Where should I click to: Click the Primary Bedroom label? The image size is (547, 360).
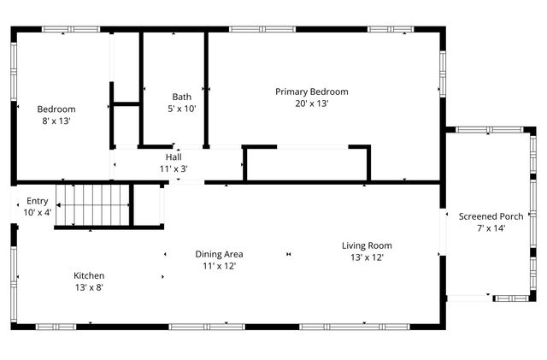click(311, 91)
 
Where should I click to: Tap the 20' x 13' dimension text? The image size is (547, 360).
click(311, 103)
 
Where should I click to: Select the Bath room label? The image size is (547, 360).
click(182, 97)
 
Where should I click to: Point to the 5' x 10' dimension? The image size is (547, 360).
click(182, 109)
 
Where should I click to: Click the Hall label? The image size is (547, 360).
click(174, 157)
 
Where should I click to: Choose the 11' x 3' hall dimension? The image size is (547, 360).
click(174, 168)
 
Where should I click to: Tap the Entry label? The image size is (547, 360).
click(38, 201)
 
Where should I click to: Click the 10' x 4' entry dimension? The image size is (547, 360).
click(38, 212)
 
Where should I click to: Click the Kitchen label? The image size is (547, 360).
click(89, 275)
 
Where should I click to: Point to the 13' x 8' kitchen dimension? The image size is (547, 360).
click(89, 287)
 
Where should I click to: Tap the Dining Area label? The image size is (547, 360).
click(220, 254)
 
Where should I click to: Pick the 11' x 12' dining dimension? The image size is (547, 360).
click(220, 266)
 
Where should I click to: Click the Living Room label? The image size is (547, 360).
click(368, 245)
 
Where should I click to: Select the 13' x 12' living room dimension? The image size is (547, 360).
click(368, 257)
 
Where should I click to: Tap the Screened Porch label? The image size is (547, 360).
click(491, 215)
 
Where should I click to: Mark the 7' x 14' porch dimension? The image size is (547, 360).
click(491, 227)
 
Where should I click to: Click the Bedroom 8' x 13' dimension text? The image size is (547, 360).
click(56, 121)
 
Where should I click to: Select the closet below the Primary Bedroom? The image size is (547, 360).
click(307, 164)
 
